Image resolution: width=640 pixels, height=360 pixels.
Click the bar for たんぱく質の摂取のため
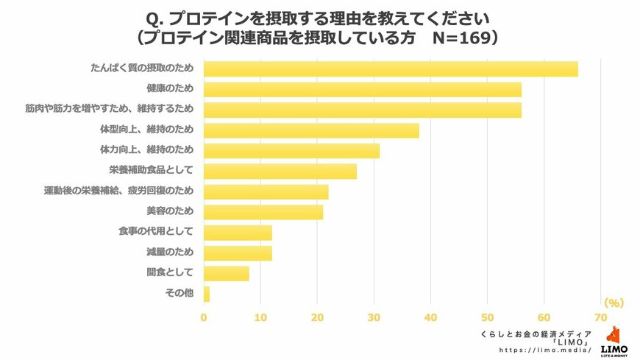[x=390, y=69]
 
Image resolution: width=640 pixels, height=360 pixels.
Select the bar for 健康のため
[x=362, y=90]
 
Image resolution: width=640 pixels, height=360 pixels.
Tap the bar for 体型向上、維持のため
[x=311, y=130]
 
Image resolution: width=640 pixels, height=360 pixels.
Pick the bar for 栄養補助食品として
[x=280, y=172]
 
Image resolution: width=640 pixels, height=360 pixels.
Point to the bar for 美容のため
[x=263, y=212]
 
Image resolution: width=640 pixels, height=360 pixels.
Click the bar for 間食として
[x=226, y=274]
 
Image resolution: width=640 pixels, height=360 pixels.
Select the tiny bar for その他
[x=207, y=294]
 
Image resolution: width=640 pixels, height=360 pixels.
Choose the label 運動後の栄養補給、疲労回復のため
[x=118, y=191]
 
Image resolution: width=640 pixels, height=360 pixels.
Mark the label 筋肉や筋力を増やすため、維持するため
[x=109, y=109]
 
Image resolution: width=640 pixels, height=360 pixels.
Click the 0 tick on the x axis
[x=204, y=318]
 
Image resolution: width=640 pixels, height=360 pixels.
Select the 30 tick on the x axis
[x=374, y=318]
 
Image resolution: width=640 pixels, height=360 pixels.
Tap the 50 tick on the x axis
[x=487, y=318]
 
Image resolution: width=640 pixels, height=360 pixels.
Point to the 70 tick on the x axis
[x=600, y=318]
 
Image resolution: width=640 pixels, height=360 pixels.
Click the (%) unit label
[x=614, y=303]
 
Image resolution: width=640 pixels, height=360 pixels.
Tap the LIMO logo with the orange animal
[x=614, y=341]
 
